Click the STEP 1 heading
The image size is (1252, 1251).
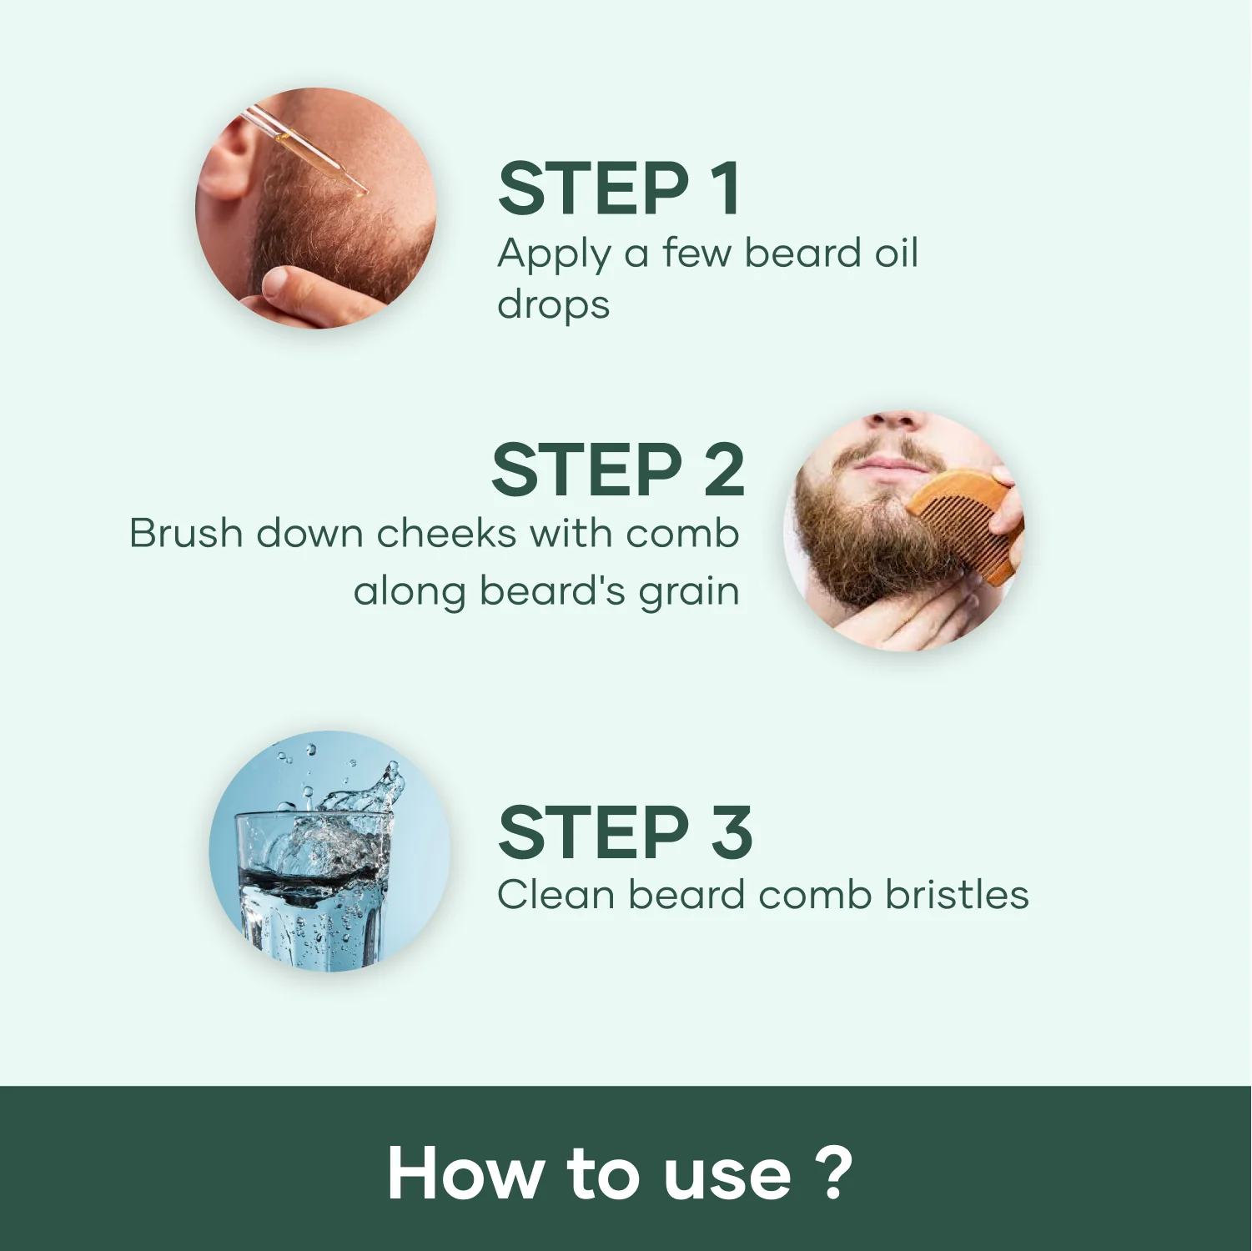619,188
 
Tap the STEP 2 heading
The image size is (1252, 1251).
618,470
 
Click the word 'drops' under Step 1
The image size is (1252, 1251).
553,305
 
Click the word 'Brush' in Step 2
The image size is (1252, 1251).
185,533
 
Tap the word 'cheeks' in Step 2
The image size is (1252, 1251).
446,533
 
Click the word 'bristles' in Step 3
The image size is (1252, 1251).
957,894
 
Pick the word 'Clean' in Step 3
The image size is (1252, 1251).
556,895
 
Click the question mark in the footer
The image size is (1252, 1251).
833,1172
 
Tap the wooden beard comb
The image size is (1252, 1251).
963,524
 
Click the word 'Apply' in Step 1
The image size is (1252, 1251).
555,254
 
